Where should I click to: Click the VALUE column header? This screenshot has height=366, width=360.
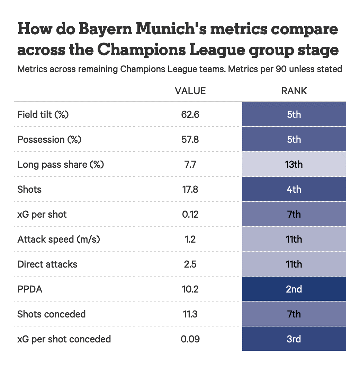190,91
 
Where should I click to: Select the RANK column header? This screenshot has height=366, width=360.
294,91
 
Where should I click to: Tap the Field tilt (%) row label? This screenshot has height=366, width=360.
43,114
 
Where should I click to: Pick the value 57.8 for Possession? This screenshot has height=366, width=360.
190,139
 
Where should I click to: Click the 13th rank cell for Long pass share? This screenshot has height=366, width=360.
294,164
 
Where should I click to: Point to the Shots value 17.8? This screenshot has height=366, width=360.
190,189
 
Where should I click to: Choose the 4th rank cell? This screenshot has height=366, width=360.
294,189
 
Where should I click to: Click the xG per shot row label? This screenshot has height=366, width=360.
42,214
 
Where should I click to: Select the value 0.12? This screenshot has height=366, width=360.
190,214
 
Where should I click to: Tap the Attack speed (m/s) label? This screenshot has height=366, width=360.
58,239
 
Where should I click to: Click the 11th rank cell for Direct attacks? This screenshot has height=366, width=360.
294,264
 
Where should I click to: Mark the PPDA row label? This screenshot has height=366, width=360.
30,289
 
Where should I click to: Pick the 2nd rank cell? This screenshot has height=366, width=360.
294,289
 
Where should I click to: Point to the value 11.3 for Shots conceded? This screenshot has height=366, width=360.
190,314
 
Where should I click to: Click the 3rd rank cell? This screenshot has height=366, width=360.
294,339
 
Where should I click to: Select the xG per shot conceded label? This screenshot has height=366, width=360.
64,339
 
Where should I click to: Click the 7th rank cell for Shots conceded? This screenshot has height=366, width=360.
294,314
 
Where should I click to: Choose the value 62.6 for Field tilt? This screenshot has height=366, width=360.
190,114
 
